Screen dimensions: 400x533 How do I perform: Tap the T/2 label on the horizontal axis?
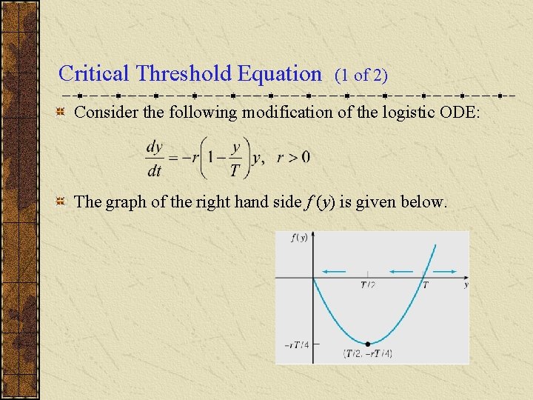367,285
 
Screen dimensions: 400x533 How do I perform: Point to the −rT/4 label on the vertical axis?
296,345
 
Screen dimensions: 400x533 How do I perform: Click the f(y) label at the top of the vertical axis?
299,238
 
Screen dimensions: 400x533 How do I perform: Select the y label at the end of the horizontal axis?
465,284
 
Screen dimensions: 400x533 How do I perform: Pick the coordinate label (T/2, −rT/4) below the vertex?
368,354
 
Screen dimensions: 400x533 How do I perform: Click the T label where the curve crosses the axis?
424,285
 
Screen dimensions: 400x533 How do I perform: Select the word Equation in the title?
280,73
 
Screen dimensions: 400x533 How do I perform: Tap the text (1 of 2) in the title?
361,75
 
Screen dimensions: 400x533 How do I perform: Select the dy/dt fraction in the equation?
155,158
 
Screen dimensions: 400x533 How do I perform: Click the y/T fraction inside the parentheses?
235,159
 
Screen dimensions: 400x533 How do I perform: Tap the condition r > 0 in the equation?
293,157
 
